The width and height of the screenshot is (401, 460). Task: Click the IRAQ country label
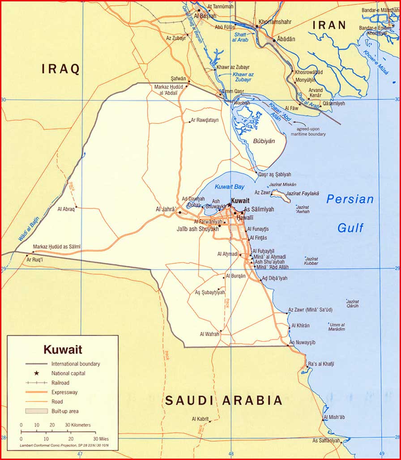[x=61, y=69]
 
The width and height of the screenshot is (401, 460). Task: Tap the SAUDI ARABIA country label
[x=224, y=400]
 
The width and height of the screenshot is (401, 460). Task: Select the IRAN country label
[x=329, y=25]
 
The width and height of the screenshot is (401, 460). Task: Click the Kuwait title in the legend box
[x=63, y=349]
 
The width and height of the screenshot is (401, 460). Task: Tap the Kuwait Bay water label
[x=230, y=187]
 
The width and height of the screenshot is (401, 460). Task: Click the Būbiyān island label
[x=264, y=141]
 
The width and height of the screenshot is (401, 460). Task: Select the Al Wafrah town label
[x=209, y=334]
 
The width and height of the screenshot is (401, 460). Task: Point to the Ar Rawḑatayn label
[x=205, y=120]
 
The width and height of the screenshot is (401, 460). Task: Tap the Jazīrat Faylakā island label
[x=302, y=193]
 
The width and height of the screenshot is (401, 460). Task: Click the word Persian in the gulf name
[x=350, y=200]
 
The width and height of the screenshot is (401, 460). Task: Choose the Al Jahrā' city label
[x=165, y=209]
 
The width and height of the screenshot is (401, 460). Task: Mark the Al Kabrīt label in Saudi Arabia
[x=200, y=419]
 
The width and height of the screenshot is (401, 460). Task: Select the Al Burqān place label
[x=236, y=276]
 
